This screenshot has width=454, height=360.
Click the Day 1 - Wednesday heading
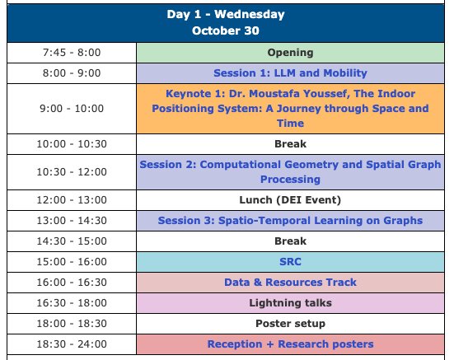pos(226,14)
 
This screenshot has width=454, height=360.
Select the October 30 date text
pos(226,30)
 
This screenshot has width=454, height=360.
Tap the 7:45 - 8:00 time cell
pos(72,53)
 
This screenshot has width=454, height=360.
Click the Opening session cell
pos(290,53)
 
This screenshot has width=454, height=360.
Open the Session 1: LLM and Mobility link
pos(290,73)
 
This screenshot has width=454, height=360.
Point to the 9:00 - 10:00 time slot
pos(72,109)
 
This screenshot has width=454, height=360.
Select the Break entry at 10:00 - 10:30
pos(290,144)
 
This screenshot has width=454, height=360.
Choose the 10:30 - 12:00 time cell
pos(72,172)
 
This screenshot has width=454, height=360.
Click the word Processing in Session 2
pos(290,180)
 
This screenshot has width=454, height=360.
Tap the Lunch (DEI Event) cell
pos(290,200)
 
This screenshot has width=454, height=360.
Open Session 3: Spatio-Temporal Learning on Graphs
pos(290,221)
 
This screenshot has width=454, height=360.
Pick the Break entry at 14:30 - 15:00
pos(290,241)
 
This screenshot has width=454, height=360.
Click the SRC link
pos(290,262)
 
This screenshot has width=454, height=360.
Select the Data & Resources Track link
pos(290,283)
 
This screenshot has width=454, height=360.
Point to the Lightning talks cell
pos(290,303)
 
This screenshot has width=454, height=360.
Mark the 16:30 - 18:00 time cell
pos(72,303)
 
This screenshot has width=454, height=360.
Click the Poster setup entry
pos(290,324)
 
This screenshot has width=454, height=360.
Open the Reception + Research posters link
pos(290,344)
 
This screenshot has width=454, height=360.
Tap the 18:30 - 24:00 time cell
pos(72,344)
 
